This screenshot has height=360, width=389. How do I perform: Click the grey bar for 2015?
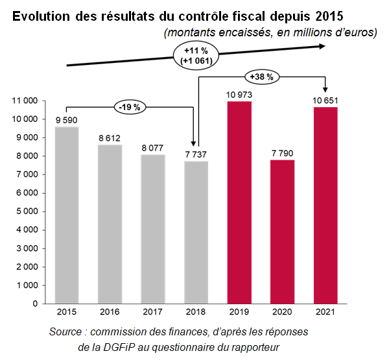(67, 215)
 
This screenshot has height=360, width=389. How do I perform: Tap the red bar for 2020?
(282, 232)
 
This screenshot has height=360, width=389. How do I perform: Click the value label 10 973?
(239, 95)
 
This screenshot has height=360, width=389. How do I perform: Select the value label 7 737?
(196, 155)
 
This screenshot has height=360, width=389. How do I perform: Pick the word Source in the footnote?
(66, 332)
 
